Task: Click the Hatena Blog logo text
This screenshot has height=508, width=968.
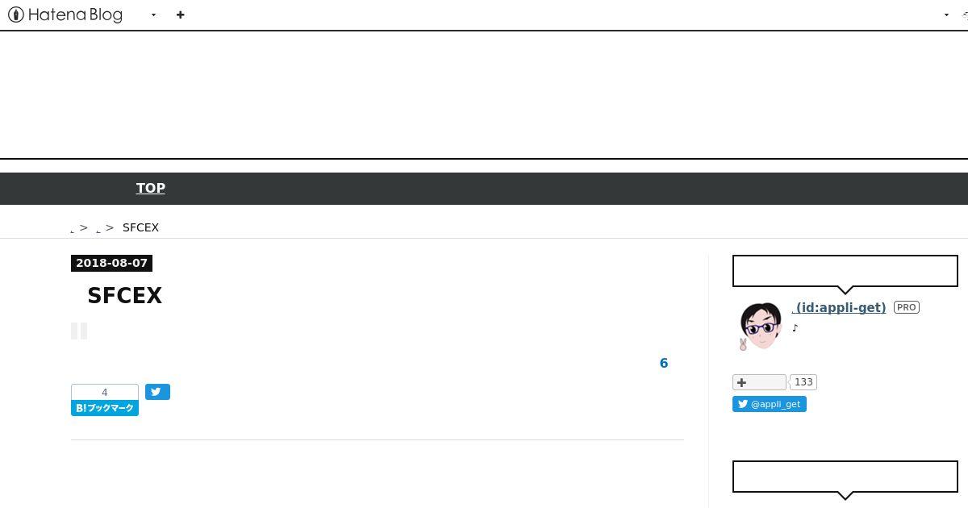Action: tap(75, 15)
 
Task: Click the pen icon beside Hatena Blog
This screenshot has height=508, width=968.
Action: tap(16, 15)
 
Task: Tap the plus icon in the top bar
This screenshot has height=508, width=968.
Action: tap(180, 15)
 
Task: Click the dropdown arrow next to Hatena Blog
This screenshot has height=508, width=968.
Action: tap(153, 15)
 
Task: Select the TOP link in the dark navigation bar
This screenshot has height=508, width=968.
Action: tap(150, 188)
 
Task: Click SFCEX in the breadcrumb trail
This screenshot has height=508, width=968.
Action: tap(140, 227)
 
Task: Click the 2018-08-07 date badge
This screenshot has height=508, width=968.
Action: tap(111, 263)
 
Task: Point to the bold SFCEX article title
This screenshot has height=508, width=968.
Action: tap(124, 296)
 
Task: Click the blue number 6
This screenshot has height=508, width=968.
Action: tap(664, 363)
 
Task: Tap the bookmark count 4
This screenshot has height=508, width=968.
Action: tap(105, 392)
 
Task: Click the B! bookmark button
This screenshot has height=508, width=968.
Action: tap(105, 408)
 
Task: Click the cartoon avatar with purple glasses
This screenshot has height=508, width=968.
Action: tap(760, 326)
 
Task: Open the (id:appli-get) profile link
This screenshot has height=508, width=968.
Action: tap(839, 307)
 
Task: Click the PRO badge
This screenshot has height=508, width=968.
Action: tap(906, 307)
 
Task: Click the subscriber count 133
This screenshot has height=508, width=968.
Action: tap(803, 382)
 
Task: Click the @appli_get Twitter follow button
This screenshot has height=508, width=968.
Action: tap(770, 404)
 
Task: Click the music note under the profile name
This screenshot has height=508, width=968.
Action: tap(795, 328)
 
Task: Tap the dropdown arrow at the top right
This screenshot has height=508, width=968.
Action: tap(946, 15)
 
